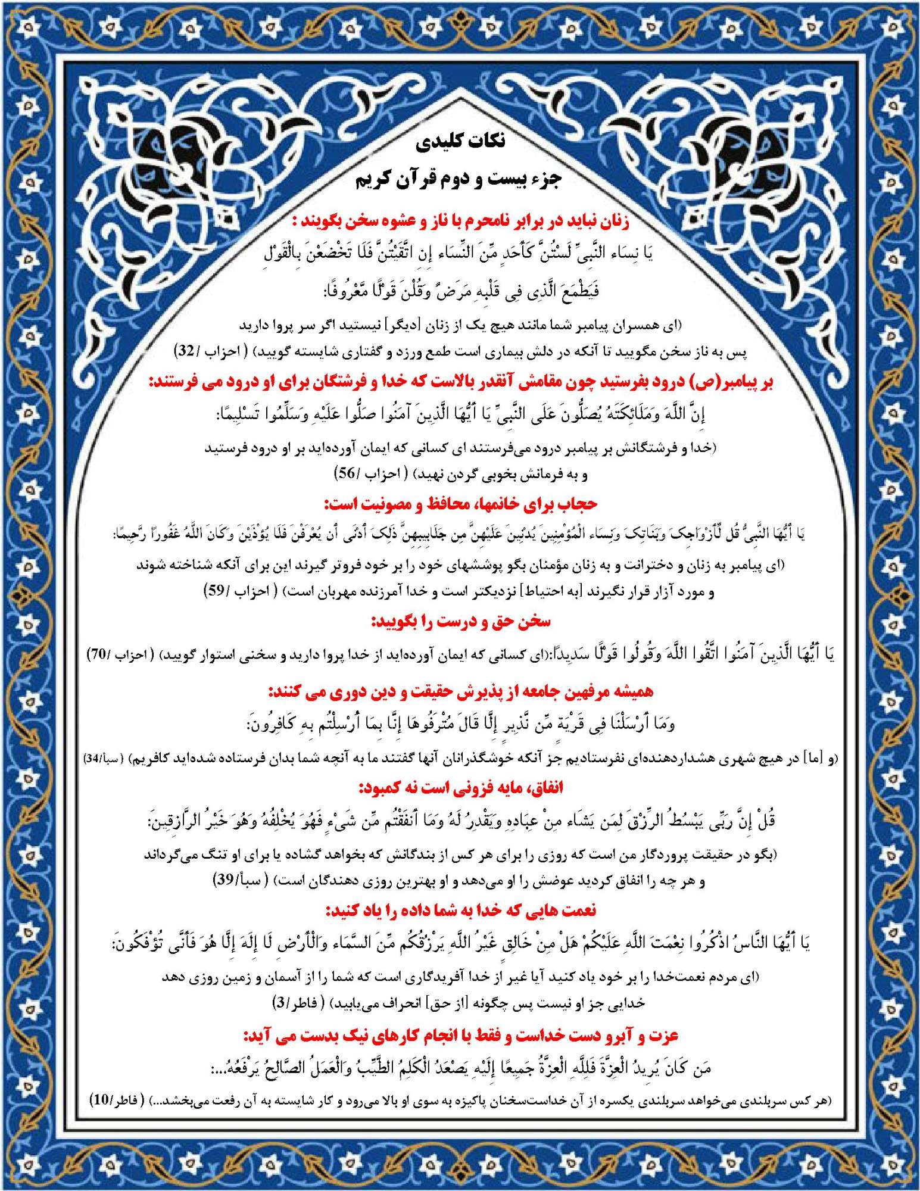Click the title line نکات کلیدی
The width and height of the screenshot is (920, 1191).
point(461,141)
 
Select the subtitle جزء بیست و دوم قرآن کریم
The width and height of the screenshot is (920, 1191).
point(459,179)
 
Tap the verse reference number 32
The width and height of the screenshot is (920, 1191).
point(187,351)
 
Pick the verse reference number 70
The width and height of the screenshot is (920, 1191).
point(98,654)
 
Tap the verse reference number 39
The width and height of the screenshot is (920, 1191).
point(224,880)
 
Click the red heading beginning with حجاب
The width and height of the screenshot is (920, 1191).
point(460,504)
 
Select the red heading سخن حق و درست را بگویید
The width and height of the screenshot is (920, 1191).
point(461,622)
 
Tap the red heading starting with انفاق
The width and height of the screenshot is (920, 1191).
point(460,788)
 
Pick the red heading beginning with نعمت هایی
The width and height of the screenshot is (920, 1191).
point(460,911)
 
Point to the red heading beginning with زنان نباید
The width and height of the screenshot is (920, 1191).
point(460,222)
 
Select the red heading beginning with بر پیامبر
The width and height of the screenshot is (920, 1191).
point(460,382)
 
